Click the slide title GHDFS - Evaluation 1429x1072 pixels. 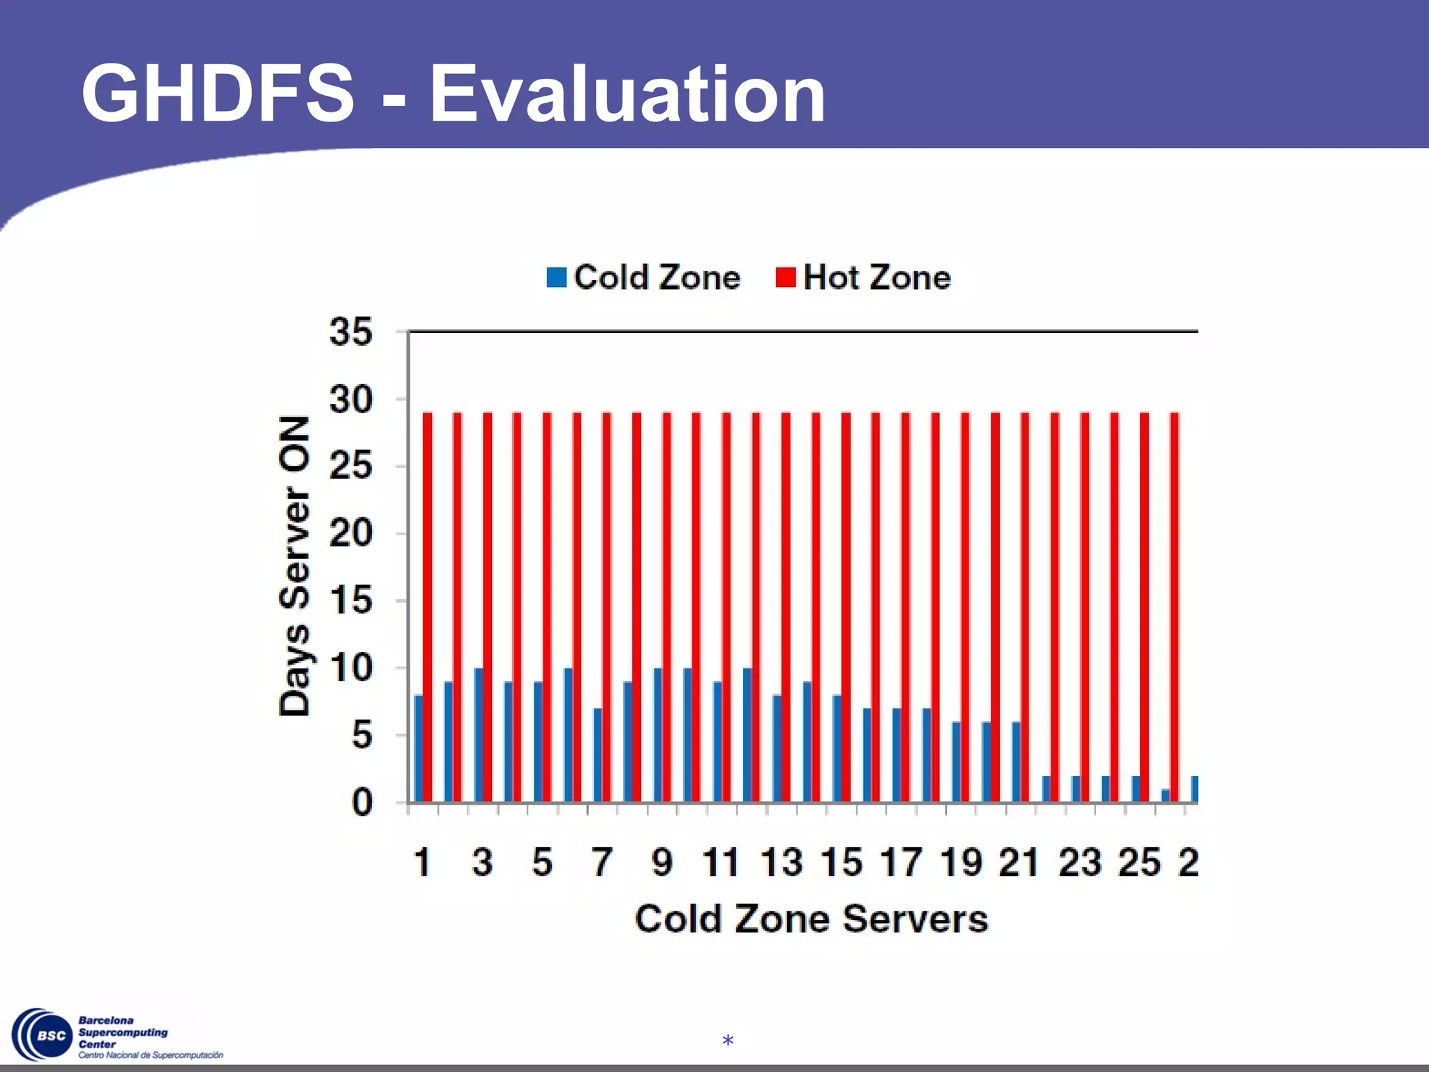click(x=454, y=94)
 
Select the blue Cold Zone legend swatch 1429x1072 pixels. click(x=556, y=278)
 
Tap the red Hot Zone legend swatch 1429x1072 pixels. click(x=786, y=278)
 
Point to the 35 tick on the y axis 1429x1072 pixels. click(x=351, y=332)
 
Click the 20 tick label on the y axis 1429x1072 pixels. click(x=351, y=534)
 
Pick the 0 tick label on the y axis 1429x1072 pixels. click(x=361, y=803)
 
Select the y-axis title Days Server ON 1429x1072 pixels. click(x=294, y=565)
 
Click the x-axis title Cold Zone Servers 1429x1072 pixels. click(x=811, y=918)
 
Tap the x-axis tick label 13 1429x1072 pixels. click(x=781, y=863)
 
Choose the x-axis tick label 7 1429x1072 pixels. click(x=602, y=863)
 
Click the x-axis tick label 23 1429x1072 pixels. click(x=1080, y=863)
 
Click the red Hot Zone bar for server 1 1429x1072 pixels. click(x=428, y=607)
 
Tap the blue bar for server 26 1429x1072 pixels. click(x=1165, y=796)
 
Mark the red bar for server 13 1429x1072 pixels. click(x=786, y=607)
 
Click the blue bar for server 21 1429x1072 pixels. click(x=1016, y=761)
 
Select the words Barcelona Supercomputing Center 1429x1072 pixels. click(x=123, y=1032)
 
